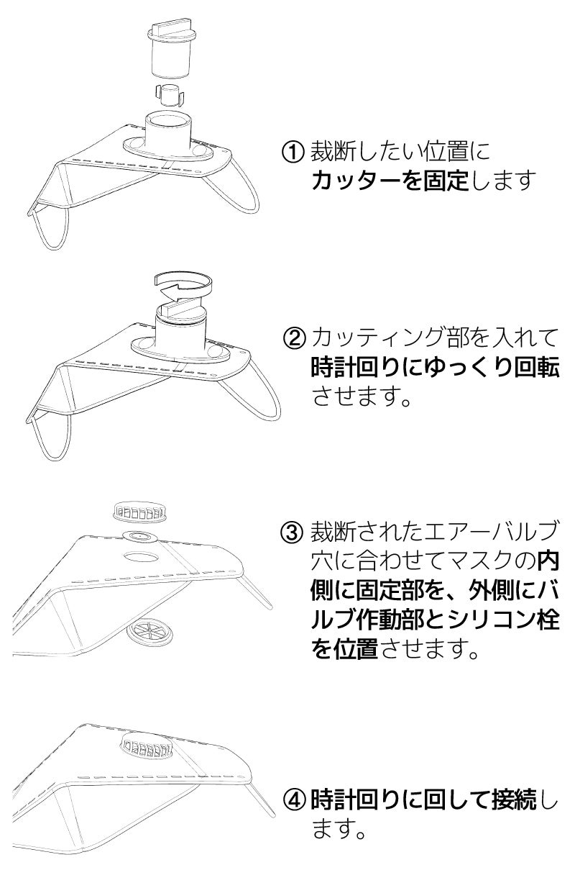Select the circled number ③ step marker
point(293,532)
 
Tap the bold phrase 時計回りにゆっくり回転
point(435,367)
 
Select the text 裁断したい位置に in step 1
point(400,151)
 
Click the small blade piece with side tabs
point(169,95)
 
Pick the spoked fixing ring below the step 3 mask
point(149,633)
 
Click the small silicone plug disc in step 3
point(141,537)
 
